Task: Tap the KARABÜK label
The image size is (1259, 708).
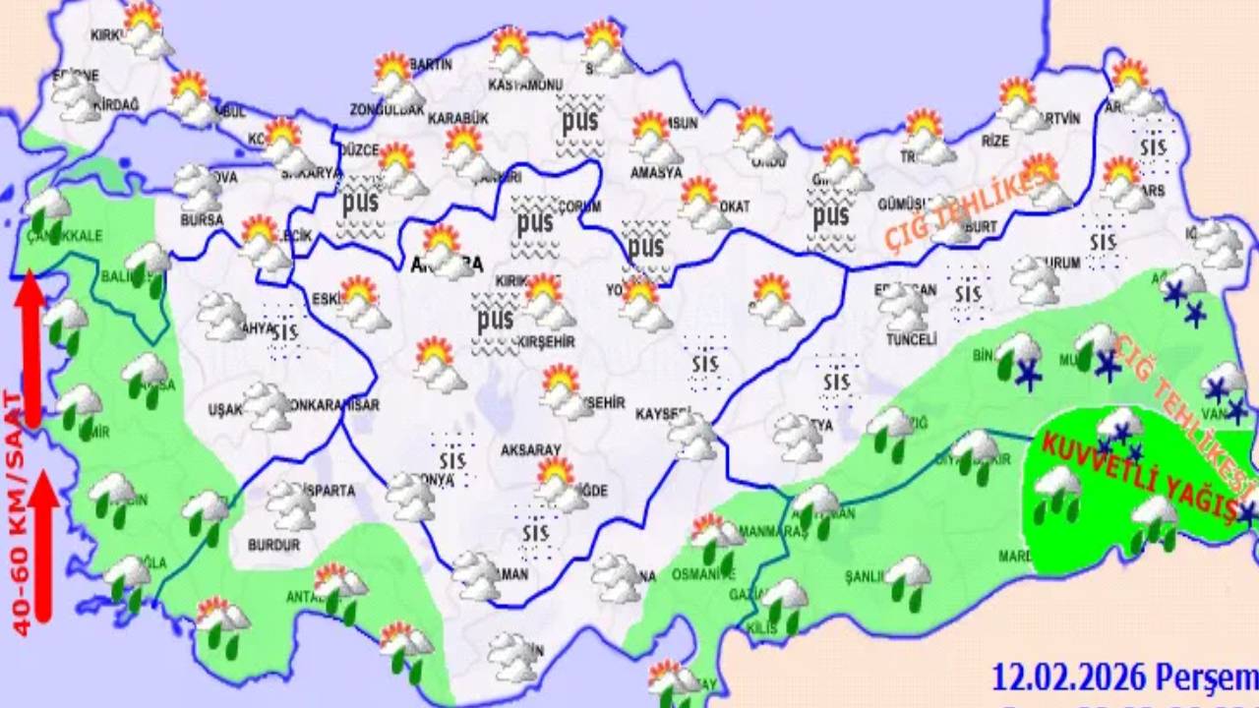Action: pyautogui.click(x=458, y=118)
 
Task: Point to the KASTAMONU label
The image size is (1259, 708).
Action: pyautogui.click(x=525, y=85)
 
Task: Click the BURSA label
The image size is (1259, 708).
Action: pyautogui.click(x=202, y=219)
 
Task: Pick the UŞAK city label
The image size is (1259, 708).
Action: pyautogui.click(x=224, y=409)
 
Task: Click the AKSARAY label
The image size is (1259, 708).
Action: pyautogui.click(x=530, y=449)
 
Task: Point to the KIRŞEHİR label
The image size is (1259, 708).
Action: pyautogui.click(x=548, y=341)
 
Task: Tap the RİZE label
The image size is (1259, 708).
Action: pyautogui.click(x=995, y=141)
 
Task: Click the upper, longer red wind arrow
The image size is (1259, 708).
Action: pyautogui.click(x=31, y=349)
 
